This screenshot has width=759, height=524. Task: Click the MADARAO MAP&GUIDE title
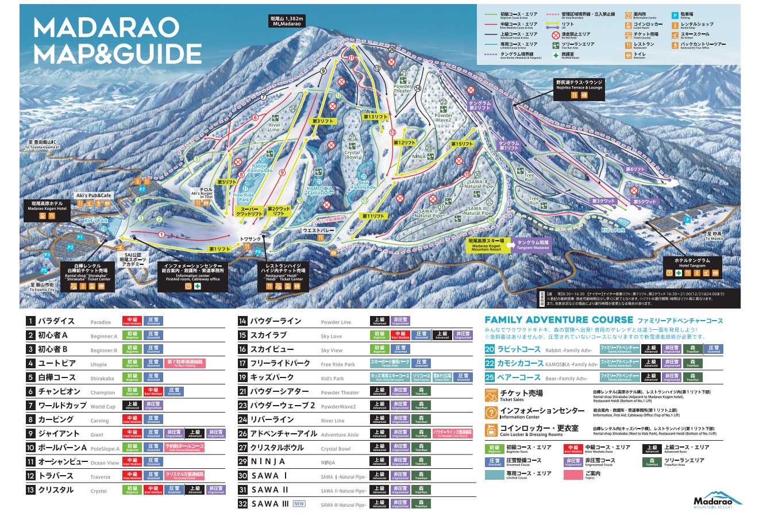109,40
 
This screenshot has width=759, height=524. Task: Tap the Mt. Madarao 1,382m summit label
287,21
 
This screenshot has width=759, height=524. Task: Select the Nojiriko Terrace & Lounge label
579,85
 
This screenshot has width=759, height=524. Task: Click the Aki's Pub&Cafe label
94,196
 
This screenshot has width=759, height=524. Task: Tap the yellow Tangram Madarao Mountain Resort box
487,245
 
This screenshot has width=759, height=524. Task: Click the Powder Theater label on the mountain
402,88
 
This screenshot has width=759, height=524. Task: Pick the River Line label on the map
275,127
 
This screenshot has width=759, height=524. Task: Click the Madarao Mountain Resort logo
717,500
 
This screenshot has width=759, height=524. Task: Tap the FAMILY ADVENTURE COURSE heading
558,320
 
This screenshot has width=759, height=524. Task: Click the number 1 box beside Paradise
30,321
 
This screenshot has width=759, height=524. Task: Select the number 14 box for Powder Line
242,321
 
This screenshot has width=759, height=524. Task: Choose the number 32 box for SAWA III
242,504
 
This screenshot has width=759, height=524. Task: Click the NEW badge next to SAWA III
299,504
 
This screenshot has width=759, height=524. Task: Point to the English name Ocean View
105,463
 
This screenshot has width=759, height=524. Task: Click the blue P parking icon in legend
675,16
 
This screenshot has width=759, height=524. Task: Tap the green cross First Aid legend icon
556,55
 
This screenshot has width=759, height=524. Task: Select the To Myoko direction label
714,236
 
